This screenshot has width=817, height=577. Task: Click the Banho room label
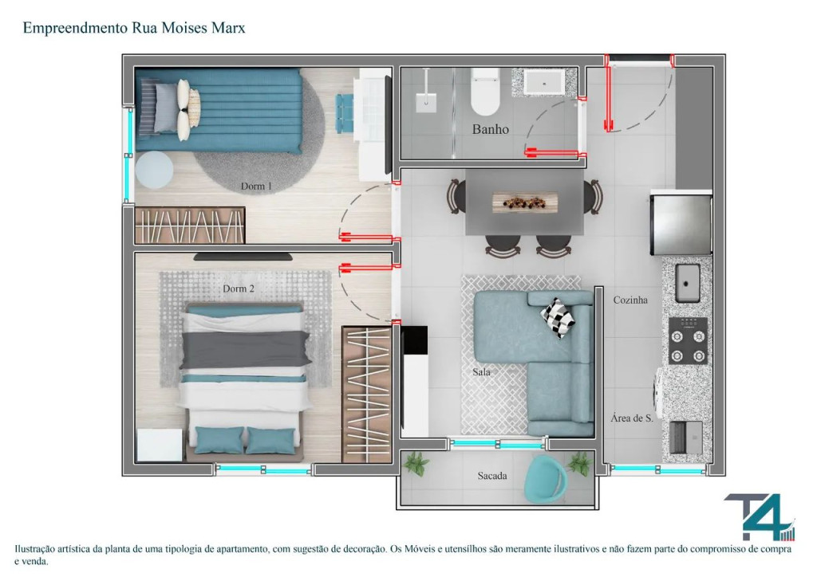pyautogui.click(x=491, y=129)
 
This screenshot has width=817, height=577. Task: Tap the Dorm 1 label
pyautogui.click(x=256, y=186)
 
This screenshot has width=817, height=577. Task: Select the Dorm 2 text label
pyautogui.click(x=239, y=288)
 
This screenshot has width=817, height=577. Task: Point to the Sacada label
pyautogui.click(x=492, y=476)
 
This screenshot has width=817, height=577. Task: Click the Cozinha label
pyautogui.click(x=630, y=300)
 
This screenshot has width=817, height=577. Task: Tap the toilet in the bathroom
pyautogui.click(x=485, y=92)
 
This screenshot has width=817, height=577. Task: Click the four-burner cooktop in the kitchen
pyautogui.click(x=689, y=341)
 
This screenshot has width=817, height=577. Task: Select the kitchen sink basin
pyautogui.click(x=688, y=283)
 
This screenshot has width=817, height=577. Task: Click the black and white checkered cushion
pyautogui.click(x=558, y=318)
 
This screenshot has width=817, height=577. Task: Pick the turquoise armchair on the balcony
pyautogui.click(x=545, y=480)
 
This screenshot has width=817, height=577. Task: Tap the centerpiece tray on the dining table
pyautogui.click(x=525, y=202)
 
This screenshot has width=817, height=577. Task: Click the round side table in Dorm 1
pyautogui.click(x=154, y=170)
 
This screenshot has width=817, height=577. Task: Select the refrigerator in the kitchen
pyautogui.click(x=681, y=224)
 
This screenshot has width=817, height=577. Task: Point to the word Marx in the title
pyautogui.click(x=228, y=28)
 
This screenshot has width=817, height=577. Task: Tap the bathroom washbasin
pyautogui.click(x=544, y=82)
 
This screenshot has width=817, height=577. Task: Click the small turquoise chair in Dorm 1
pyautogui.click(x=344, y=113)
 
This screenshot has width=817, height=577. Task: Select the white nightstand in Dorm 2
pyautogui.click(x=160, y=445)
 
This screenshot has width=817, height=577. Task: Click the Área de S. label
pyautogui.click(x=632, y=418)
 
